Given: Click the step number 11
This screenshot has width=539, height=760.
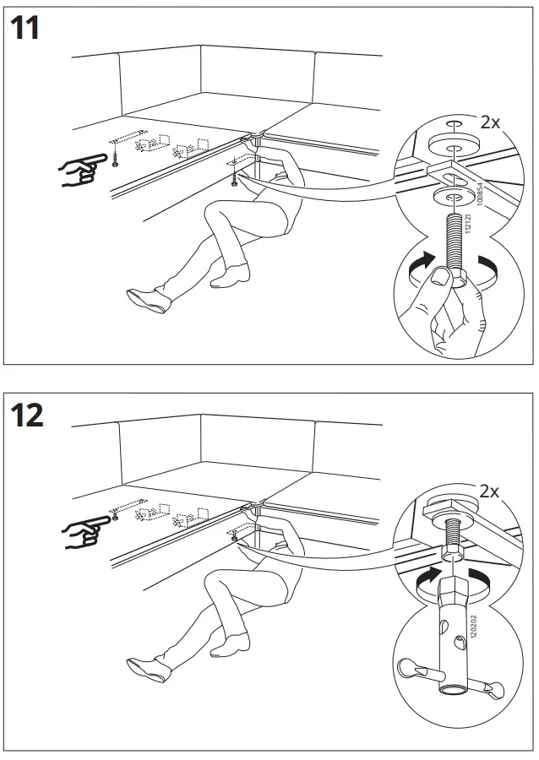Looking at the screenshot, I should point(26,29).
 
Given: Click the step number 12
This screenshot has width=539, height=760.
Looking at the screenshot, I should point(27,415).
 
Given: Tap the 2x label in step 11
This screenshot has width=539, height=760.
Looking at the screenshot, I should point(489,122).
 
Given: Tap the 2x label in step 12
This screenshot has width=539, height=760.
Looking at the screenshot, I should point(489,491).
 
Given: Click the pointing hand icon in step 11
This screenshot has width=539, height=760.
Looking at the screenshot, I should point(81,171).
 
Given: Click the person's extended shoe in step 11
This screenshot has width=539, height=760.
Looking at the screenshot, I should point(144,297).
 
